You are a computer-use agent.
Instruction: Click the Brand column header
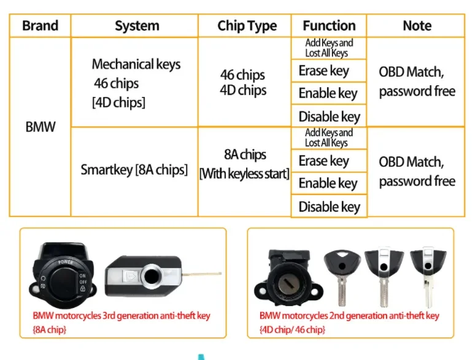pos(40,26)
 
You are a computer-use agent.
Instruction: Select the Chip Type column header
pos(247,26)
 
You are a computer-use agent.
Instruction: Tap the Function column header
pos(329,26)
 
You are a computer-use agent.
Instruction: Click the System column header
pos(137,26)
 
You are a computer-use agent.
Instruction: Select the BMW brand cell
pos(40,128)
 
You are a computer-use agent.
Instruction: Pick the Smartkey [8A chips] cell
pos(134,170)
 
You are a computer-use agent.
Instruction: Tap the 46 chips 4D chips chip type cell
pos(243,83)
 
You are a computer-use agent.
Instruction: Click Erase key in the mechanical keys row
pos(323,71)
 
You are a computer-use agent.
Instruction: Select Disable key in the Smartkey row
pos(329,207)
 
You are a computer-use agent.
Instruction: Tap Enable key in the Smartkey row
pos(328,183)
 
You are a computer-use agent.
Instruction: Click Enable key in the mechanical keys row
pos(328,93)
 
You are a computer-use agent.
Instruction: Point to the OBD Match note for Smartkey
pos(417,171)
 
